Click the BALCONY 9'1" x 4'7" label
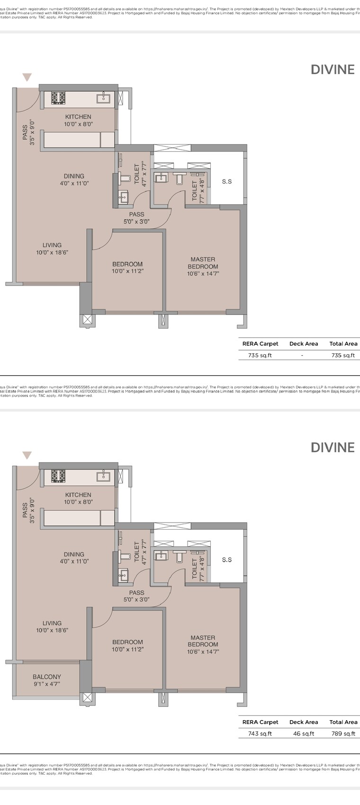[46, 680]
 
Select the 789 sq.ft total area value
[343, 733]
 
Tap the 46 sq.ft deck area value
[304, 733]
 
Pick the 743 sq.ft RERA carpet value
[260, 733]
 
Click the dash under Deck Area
[302, 355]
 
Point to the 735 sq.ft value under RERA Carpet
[260, 355]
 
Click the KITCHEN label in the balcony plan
[78, 498]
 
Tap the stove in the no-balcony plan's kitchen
[58, 98]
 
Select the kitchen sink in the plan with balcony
[104, 476]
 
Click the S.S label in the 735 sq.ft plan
[227, 181]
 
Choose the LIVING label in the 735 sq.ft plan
[52, 249]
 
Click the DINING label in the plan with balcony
[74, 558]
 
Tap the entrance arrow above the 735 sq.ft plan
[27, 77]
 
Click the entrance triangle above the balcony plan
[27, 455]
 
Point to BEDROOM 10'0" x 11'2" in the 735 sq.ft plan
[127, 268]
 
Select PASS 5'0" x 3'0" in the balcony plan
[136, 596]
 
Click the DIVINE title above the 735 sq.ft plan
[333, 70]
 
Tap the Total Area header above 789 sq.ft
[343, 722]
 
